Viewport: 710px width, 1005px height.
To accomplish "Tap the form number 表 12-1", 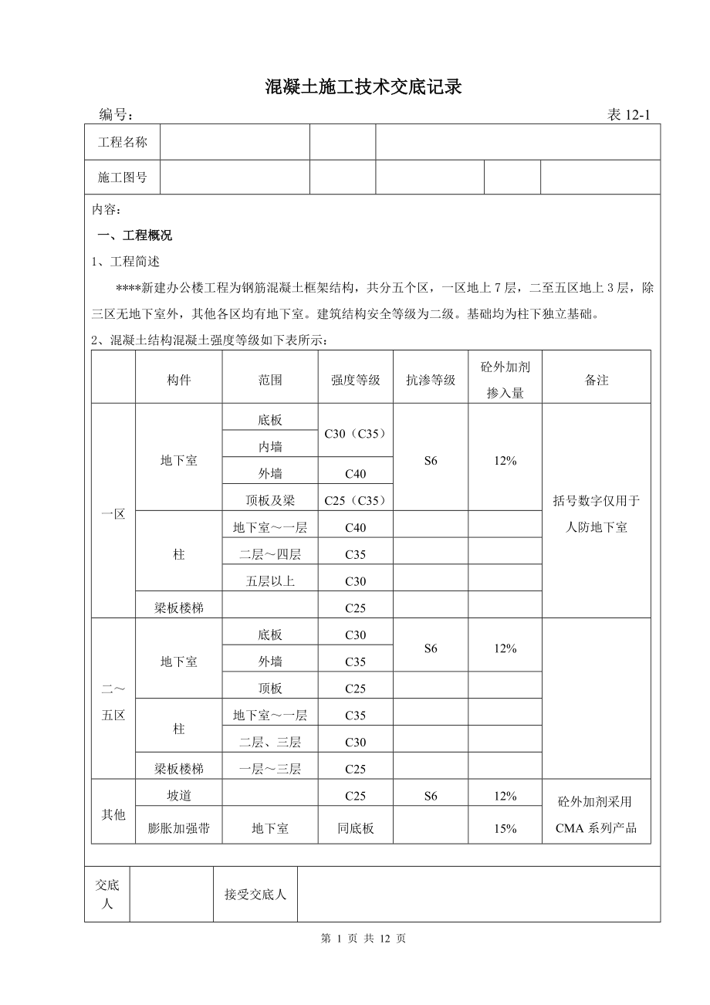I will pyautogui.click(x=629, y=115).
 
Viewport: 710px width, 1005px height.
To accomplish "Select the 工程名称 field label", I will pyautogui.click(x=122, y=142).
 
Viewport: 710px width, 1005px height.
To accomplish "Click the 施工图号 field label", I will pyautogui.click(x=122, y=177).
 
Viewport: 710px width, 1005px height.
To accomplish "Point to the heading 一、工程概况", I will pyautogui.click(x=134, y=235).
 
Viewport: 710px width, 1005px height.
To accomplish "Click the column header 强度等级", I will pyautogui.click(x=355, y=380).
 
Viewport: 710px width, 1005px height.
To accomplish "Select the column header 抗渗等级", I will pyautogui.click(x=431, y=380).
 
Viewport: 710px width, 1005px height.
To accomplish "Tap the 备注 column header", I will pyautogui.click(x=597, y=380).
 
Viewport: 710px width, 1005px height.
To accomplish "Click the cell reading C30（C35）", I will pyautogui.click(x=355, y=433).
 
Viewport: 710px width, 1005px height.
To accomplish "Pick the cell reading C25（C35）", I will pyautogui.click(x=355, y=500).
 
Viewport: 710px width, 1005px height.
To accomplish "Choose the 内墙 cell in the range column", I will pyautogui.click(x=270, y=447).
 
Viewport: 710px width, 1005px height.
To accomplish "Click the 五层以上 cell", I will pyautogui.click(x=270, y=581).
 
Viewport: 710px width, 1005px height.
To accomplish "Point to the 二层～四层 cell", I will pyautogui.click(x=270, y=554).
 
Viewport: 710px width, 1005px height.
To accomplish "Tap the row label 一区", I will pyautogui.click(x=113, y=514).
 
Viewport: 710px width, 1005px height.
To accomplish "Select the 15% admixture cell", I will pyautogui.click(x=505, y=828).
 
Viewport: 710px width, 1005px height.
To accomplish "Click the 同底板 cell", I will pyautogui.click(x=355, y=828).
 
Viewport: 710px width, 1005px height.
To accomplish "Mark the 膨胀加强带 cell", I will pyautogui.click(x=179, y=828).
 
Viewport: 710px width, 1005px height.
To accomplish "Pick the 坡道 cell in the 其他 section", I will pyautogui.click(x=179, y=796).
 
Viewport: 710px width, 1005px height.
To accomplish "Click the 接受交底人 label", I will pyautogui.click(x=255, y=895).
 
